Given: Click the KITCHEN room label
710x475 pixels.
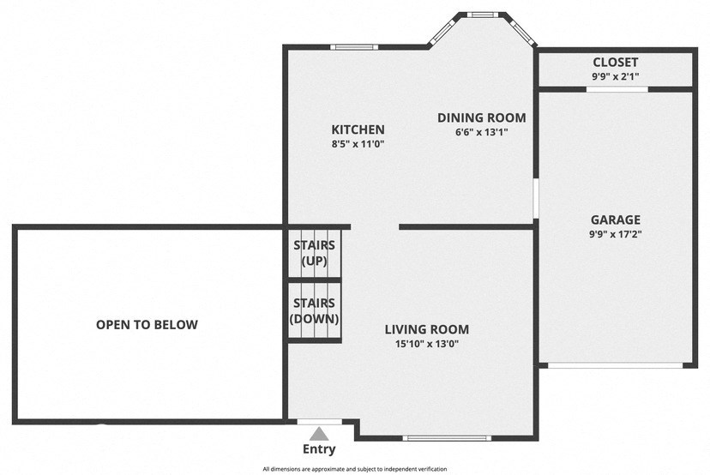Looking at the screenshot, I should [358, 129].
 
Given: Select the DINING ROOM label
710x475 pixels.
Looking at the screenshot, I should [481, 117].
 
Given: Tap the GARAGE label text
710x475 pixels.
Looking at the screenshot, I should [615, 219].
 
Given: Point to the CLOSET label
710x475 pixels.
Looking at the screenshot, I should [615, 63].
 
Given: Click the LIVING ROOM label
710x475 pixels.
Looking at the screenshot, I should [426, 329].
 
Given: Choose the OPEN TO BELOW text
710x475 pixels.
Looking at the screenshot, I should [147, 324].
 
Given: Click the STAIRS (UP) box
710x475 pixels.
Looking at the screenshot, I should [315, 253].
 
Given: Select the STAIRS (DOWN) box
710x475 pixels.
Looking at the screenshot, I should [315, 311].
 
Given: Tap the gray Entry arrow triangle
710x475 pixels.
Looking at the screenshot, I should [319, 434].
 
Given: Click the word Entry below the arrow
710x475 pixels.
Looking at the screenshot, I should [319, 449].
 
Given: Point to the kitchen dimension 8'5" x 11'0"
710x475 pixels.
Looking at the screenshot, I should [358, 144].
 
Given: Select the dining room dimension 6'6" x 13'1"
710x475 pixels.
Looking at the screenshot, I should [481, 132].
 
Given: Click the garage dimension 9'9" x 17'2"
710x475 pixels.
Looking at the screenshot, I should [615, 233].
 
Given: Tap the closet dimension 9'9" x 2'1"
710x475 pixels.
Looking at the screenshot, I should [615, 76].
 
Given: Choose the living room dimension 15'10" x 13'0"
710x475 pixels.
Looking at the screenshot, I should [426, 344].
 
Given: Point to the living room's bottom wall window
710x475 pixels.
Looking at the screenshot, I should [447, 438].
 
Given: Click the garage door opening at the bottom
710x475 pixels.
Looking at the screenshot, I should [615, 365].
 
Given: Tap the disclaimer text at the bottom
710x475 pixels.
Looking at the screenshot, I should [354, 469].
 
